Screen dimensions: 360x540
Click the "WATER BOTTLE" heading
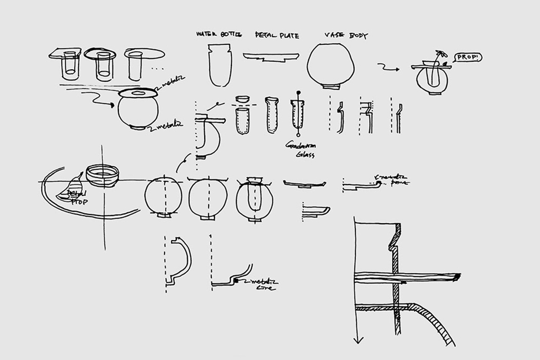pos(218,35)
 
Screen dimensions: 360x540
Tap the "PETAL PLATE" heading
pos(277,35)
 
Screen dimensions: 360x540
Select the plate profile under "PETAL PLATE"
pos(271,57)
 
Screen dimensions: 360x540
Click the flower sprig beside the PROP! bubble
pos(439,55)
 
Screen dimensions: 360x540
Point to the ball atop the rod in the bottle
pos(298,94)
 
